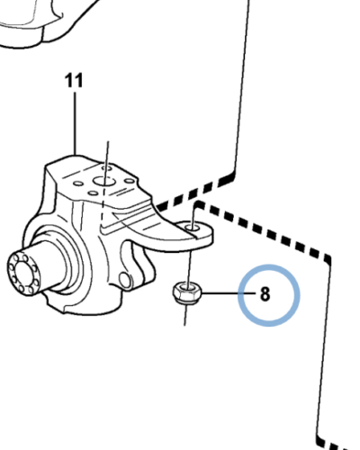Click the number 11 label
point(74,81)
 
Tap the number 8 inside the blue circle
point(265,294)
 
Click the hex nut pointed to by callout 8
point(187,292)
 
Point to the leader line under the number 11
point(75,123)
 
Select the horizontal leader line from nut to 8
point(229,292)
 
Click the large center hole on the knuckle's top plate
point(103,181)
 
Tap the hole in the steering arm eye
point(193,228)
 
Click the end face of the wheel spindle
point(22,273)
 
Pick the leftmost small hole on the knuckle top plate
point(78,184)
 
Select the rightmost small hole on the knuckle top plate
point(130,181)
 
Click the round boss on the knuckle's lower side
point(125,280)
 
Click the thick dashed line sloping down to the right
point(263,232)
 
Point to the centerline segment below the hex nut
point(185,314)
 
